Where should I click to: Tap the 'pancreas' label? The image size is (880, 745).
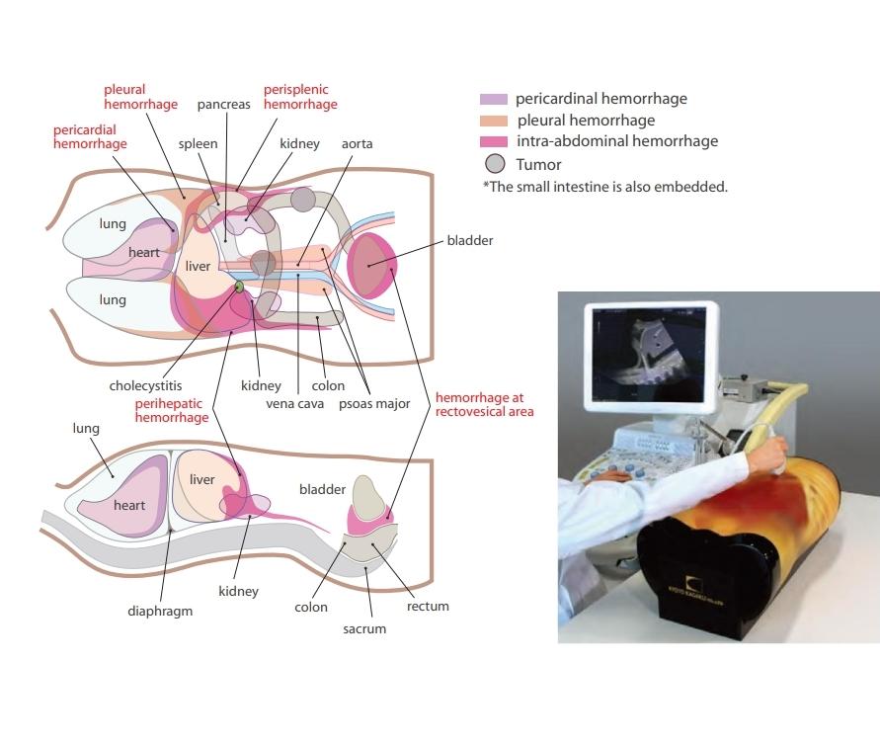223,104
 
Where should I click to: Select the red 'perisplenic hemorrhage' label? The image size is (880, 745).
300,97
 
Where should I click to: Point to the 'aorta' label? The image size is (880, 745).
357,144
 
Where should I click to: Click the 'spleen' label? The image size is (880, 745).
198,144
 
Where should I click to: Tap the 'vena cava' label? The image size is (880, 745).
295,403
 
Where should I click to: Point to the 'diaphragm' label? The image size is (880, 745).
160,611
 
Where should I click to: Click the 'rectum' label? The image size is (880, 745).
428,606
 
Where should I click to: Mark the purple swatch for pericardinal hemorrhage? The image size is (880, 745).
493,100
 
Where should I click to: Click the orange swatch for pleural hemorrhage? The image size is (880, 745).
493,121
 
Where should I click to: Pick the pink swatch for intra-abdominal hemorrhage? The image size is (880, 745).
493,141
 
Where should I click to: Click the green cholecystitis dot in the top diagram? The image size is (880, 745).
239,287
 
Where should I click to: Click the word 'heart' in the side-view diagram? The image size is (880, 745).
129,506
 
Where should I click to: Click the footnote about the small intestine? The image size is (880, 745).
604,187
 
